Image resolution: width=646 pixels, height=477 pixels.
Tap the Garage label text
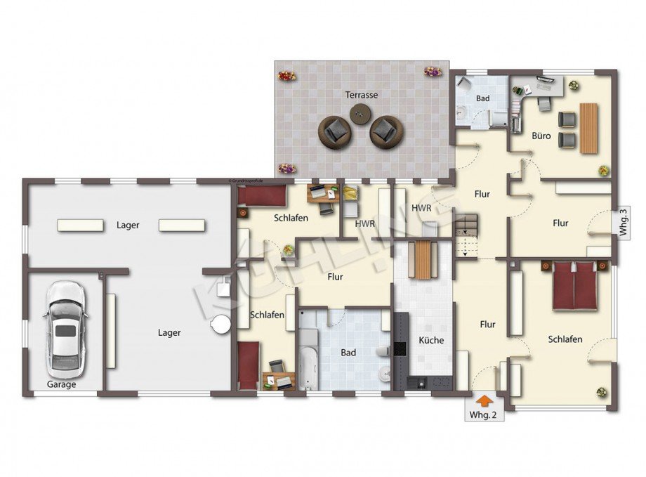click(62, 384)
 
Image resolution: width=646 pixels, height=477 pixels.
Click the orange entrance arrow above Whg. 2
click(483, 399)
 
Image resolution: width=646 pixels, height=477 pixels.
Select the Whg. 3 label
click(622, 223)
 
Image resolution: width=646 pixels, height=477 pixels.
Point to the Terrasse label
click(362, 94)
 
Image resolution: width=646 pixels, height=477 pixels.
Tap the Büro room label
click(541, 136)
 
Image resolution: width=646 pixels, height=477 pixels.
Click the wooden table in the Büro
click(588, 127)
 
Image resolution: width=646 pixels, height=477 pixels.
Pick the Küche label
click(431, 340)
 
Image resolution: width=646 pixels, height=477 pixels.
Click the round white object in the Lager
click(222, 324)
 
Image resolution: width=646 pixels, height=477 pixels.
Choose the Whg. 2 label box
click(483, 415)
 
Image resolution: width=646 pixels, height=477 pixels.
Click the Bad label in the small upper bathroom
click(483, 98)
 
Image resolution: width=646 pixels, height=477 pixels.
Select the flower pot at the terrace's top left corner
click(286, 74)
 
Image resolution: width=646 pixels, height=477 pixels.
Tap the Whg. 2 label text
click(483, 416)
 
